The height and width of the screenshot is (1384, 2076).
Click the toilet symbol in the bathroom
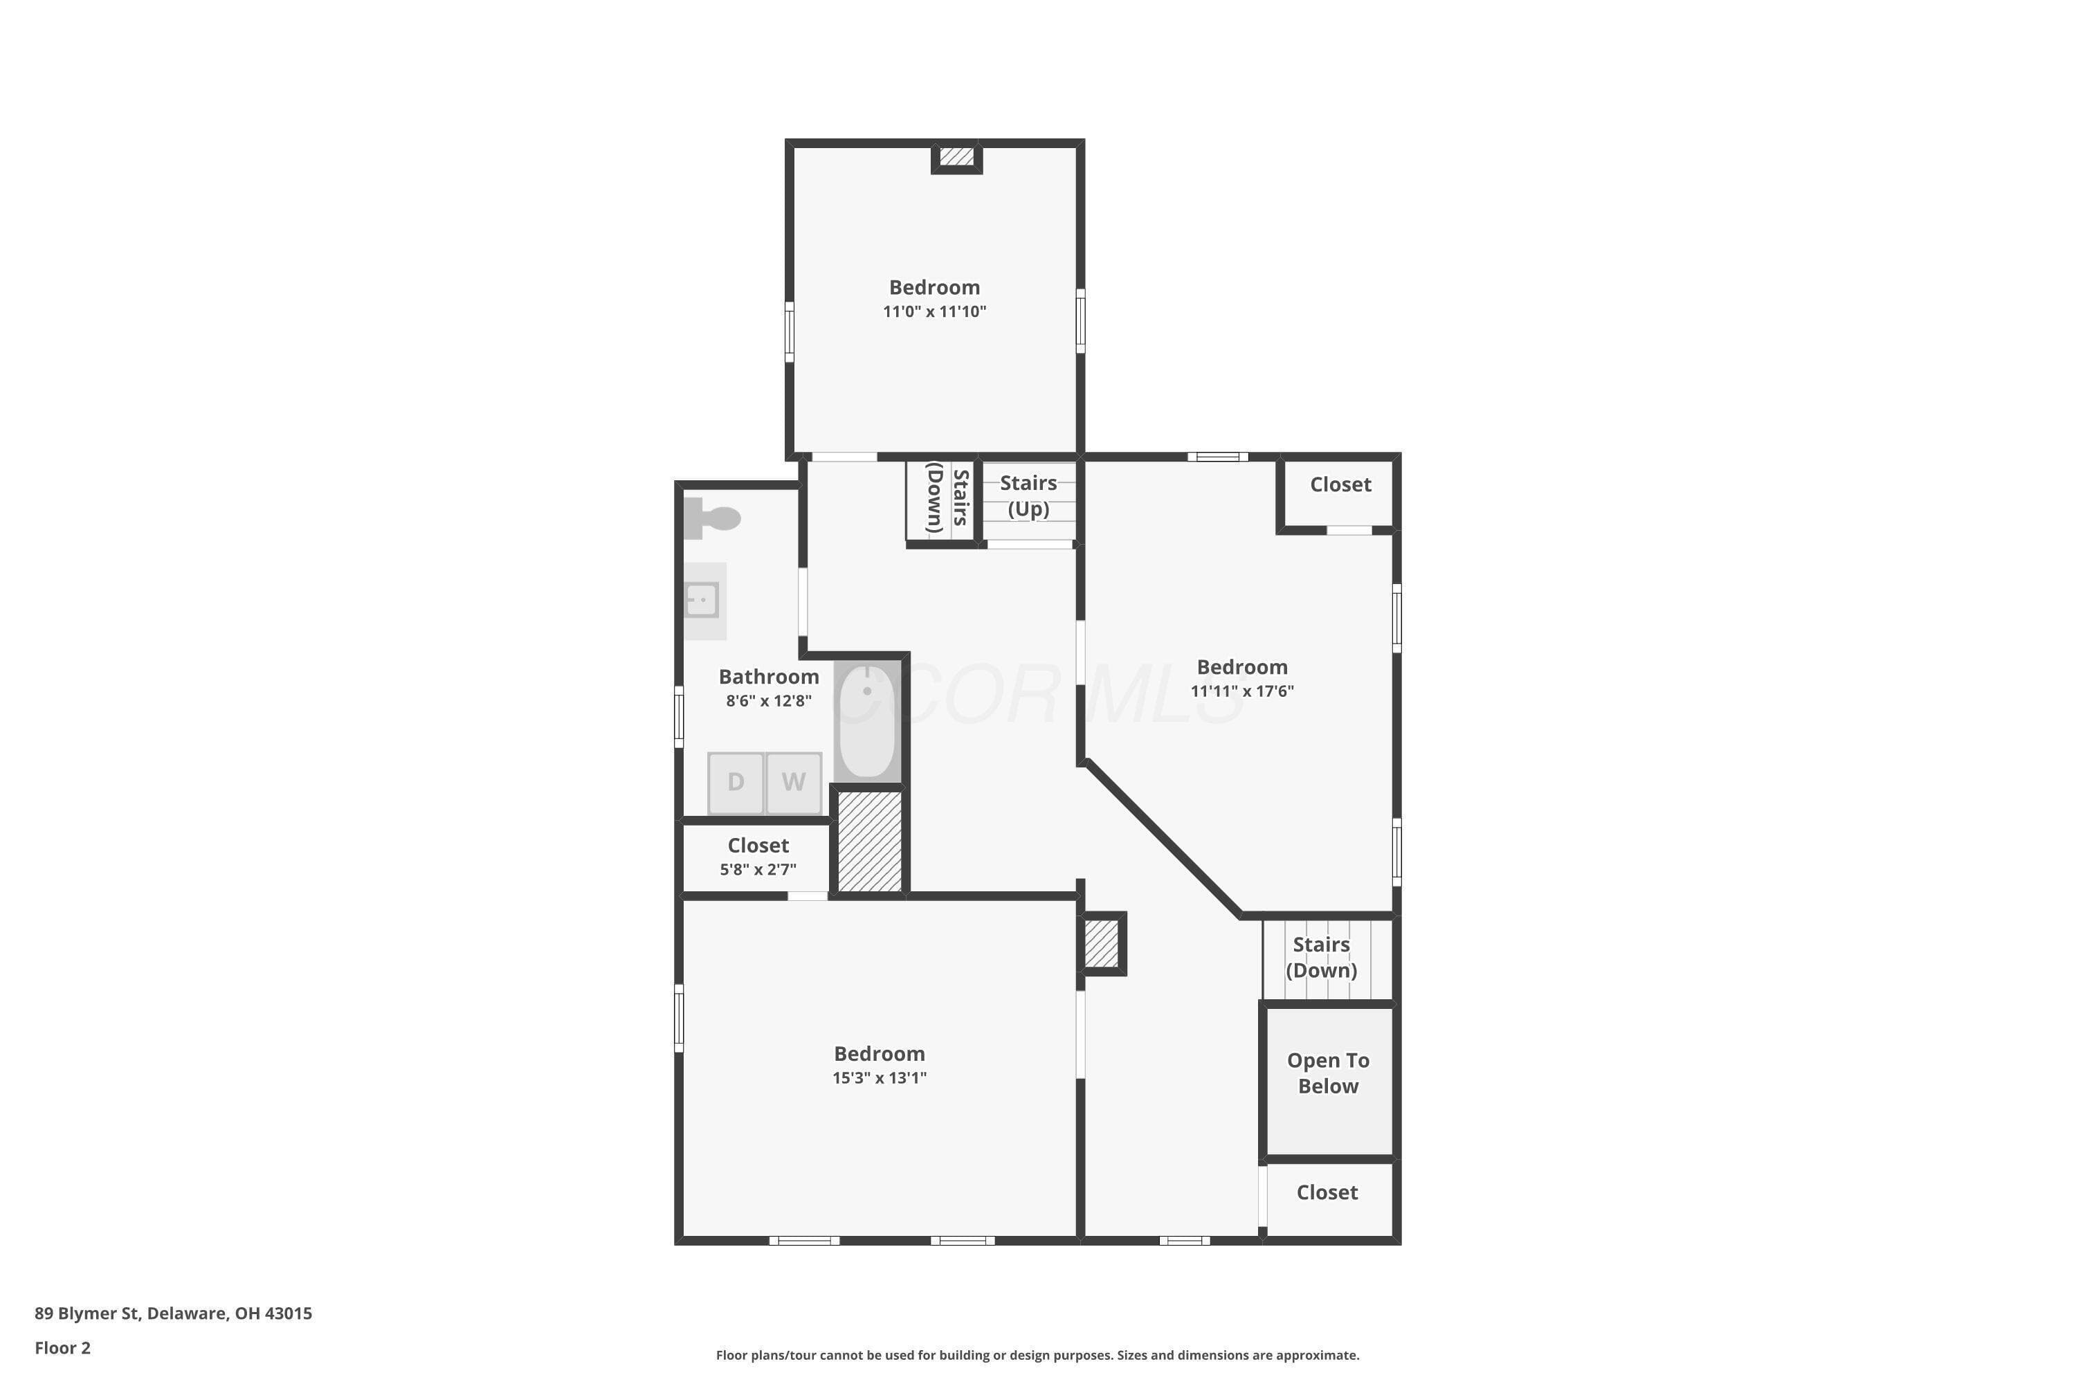pos(711,518)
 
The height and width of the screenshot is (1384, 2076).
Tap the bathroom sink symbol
pos(702,600)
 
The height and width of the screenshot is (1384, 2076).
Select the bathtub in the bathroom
pos(868,720)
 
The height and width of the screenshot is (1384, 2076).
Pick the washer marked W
pos(794,782)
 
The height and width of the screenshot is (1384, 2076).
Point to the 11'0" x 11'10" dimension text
pos(935,311)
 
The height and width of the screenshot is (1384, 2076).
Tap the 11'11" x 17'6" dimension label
pos(1242,691)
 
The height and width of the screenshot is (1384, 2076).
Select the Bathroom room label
pos(769,677)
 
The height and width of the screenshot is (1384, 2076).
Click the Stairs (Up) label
pos(1028,496)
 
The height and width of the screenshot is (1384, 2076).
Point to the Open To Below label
pos(1329,1073)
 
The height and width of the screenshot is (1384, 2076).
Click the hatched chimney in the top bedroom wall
pos(957,157)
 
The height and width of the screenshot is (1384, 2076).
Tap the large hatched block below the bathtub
pos(871,842)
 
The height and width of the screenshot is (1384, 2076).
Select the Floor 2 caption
pos(63,1348)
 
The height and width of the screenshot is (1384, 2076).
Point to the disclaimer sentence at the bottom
pos(1038,1355)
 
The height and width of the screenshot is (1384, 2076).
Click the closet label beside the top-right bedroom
pos(1341,484)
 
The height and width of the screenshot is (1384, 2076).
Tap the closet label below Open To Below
pos(1327,1192)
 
